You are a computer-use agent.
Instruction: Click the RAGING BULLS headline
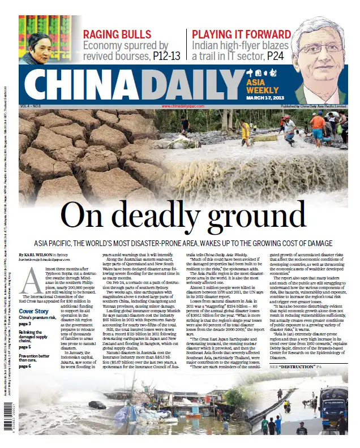117,34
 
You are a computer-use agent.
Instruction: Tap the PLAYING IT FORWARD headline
233,34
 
